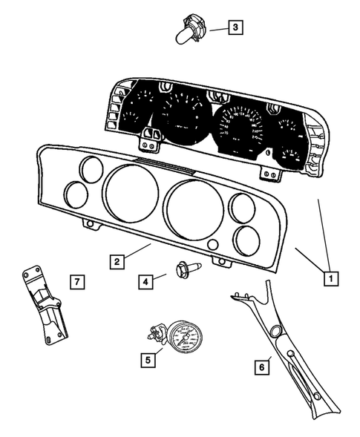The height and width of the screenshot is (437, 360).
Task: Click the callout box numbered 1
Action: (327, 279)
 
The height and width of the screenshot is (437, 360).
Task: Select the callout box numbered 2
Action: (117, 261)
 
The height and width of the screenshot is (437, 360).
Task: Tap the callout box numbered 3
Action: (235, 28)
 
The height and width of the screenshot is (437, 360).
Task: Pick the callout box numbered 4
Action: (146, 281)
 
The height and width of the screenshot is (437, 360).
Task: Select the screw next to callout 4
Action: (183, 269)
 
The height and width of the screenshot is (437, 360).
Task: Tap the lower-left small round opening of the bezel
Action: (77, 194)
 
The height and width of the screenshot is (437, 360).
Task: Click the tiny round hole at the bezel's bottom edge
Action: (213, 246)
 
